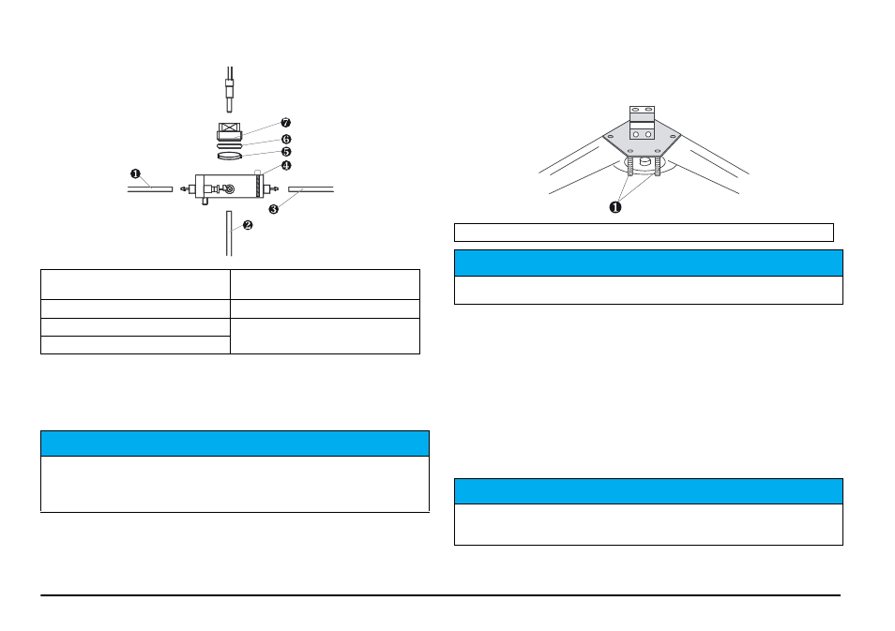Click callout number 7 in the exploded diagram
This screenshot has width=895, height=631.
tap(286, 123)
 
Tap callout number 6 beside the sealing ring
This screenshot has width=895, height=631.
tap(286, 139)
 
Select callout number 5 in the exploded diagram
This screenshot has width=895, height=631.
tap(286, 152)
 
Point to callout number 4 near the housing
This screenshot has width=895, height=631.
tap(286, 165)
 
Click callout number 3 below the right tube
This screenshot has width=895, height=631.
tap(274, 209)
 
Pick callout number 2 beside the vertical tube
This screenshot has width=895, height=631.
tap(248, 225)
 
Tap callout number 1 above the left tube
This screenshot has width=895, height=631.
tap(135, 173)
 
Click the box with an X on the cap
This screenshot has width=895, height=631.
tap(230, 128)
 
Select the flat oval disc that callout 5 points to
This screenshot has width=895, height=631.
tap(230, 156)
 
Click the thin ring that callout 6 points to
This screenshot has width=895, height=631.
tap(230, 145)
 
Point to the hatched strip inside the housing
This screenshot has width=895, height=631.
tap(259, 186)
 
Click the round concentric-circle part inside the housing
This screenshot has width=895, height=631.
tap(230, 188)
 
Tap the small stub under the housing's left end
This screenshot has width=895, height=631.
tap(205, 201)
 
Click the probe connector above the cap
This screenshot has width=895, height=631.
tap(230, 90)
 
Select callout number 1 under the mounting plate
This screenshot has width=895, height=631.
tap(615, 207)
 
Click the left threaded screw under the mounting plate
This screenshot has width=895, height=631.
tap(630, 166)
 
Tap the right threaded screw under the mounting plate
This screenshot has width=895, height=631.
tap(658, 166)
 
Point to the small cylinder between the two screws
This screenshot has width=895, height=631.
tap(645, 161)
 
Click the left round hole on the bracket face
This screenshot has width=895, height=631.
tap(636, 135)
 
